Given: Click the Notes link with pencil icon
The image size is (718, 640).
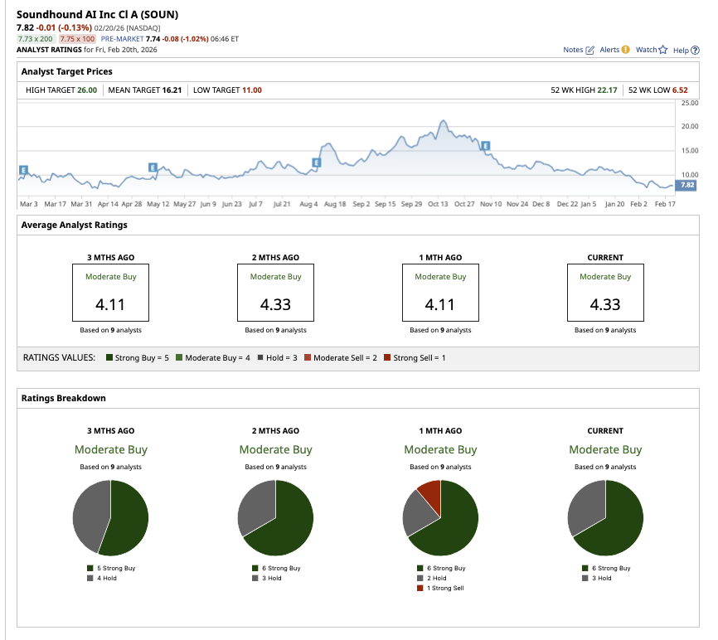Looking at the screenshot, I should pyautogui.click(x=579, y=50).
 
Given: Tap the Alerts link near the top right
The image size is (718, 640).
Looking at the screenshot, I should pyautogui.click(x=614, y=50).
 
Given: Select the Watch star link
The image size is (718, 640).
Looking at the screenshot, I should pyautogui.click(x=651, y=50).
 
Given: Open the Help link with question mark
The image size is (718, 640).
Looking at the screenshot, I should pyautogui.click(x=686, y=50).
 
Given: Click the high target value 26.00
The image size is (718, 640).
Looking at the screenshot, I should pyautogui.click(x=88, y=90).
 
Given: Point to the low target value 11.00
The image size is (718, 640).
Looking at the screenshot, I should pyautogui.click(x=251, y=90).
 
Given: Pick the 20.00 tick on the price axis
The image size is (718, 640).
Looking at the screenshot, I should pyautogui.click(x=689, y=127).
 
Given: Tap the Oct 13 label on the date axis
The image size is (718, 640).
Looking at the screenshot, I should pyautogui.click(x=438, y=203).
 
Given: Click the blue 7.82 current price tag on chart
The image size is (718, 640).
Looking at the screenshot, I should pyautogui.click(x=688, y=186).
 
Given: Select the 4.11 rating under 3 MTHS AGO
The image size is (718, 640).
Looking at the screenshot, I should pyautogui.click(x=110, y=304).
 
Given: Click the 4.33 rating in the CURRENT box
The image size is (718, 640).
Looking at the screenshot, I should pyautogui.click(x=605, y=304).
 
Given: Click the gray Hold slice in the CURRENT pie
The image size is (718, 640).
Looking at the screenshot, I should pyautogui.click(x=582, y=507).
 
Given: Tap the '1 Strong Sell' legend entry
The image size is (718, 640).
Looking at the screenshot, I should pyautogui.click(x=444, y=588).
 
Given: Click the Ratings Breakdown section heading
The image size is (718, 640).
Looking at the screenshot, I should pyautogui.click(x=64, y=398).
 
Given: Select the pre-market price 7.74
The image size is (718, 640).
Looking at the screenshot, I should pyautogui.click(x=154, y=38).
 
